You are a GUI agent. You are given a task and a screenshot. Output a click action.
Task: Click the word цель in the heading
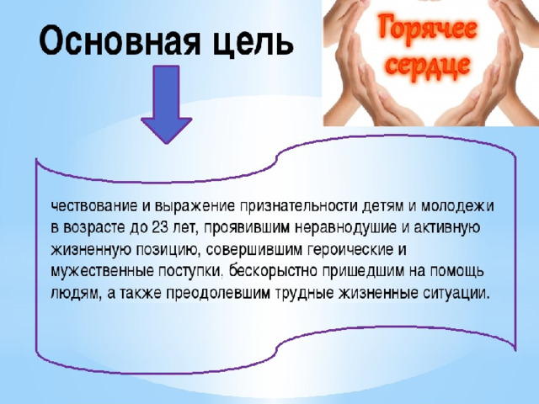point(253,41)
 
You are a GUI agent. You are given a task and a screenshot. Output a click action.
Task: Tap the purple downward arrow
point(167,104)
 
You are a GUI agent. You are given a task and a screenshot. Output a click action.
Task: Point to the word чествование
point(94,206)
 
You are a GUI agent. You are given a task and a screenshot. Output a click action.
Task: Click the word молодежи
point(457,207)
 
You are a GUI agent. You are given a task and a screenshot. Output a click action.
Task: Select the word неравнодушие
point(346,228)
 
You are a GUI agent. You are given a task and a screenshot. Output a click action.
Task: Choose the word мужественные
point(102,271)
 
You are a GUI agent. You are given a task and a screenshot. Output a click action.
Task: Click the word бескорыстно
point(273,271)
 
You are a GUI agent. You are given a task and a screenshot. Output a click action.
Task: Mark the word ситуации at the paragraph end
point(454,294)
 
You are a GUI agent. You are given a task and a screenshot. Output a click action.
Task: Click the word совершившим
point(253,250)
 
